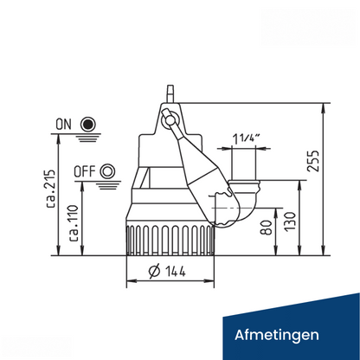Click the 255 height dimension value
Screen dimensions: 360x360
click(314, 161)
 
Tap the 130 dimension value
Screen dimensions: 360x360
click(290, 222)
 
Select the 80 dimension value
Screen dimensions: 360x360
click(267, 228)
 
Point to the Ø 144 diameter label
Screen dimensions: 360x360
click(167, 271)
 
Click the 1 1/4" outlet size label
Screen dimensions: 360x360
click(247, 139)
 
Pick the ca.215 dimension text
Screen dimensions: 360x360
click(51, 189)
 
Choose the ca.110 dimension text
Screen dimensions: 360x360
click(73, 223)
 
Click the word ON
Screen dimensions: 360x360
click(63, 125)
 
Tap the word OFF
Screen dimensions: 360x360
click(85, 171)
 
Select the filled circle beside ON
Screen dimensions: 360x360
click(87, 125)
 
